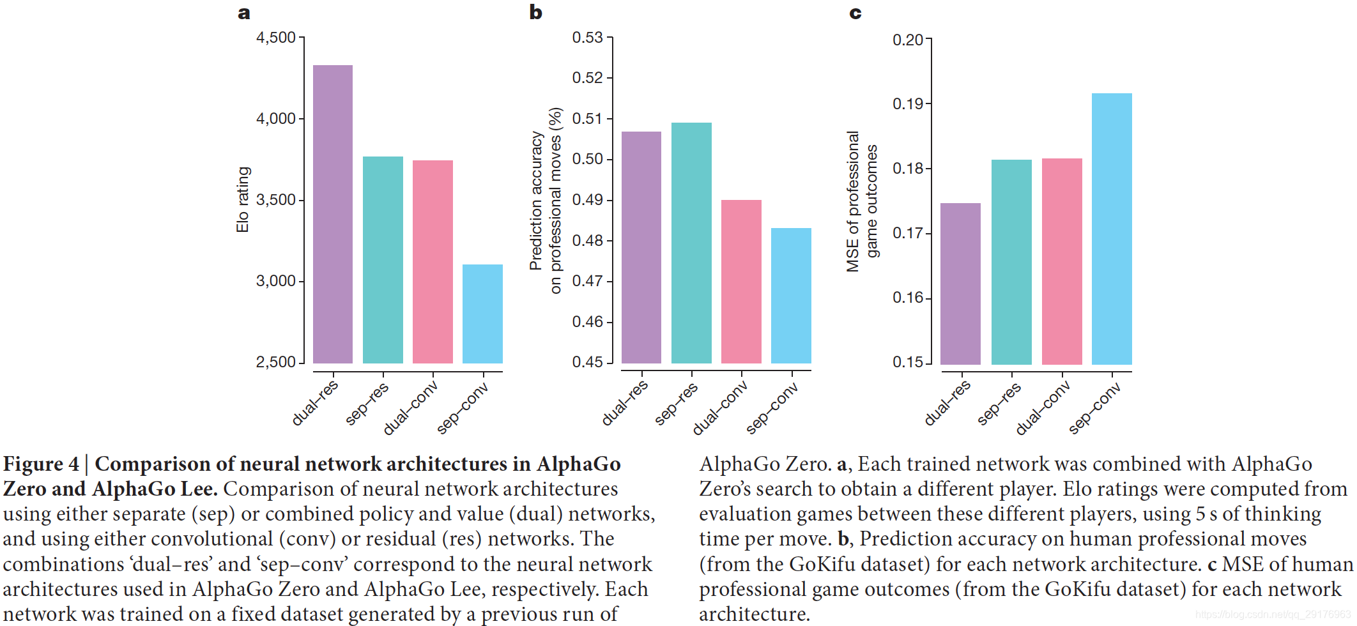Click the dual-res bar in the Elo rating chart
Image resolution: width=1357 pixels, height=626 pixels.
tap(333, 214)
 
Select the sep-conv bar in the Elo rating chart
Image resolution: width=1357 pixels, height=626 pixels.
tap(482, 314)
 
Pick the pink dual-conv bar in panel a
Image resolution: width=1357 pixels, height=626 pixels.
tap(433, 261)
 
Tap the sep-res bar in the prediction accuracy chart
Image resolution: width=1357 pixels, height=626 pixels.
tap(691, 243)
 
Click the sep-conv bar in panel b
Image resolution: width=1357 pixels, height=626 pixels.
tap(791, 295)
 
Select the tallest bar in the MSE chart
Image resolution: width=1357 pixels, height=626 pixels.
tap(1112, 229)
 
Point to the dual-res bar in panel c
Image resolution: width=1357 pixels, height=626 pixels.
tap(960, 284)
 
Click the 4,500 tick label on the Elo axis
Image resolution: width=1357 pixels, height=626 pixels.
tap(276, 38)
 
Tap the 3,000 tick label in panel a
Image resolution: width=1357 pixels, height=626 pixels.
tap(276, 281)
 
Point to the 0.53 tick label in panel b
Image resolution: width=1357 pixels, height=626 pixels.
tap(588, 38)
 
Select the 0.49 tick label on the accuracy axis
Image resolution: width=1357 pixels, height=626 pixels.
tap(588, 200)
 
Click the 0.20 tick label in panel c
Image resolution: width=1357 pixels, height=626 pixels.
tap(908, 40)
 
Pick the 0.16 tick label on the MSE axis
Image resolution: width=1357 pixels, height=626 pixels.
tap(908, 298)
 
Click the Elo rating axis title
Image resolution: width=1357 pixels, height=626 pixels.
tap(243, 200)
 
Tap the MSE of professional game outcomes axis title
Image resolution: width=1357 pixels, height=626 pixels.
tap(862, 201)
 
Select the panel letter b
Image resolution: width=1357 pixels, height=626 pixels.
tap(535, 12)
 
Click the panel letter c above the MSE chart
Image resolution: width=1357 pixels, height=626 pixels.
tap(855, 13)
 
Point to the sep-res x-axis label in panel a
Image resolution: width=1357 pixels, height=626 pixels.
tap(367, 404)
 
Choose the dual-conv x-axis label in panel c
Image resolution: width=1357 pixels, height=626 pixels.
tap(1043, 408)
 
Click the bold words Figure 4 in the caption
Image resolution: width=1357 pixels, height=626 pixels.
tap(41, 464)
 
